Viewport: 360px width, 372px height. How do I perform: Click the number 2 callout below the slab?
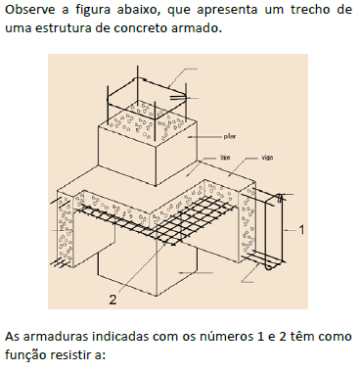[x=113, y=298]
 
